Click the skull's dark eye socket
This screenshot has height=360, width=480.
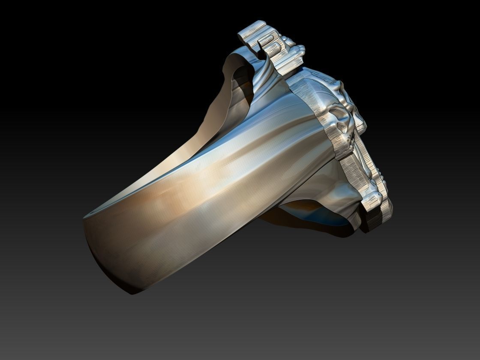342,126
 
